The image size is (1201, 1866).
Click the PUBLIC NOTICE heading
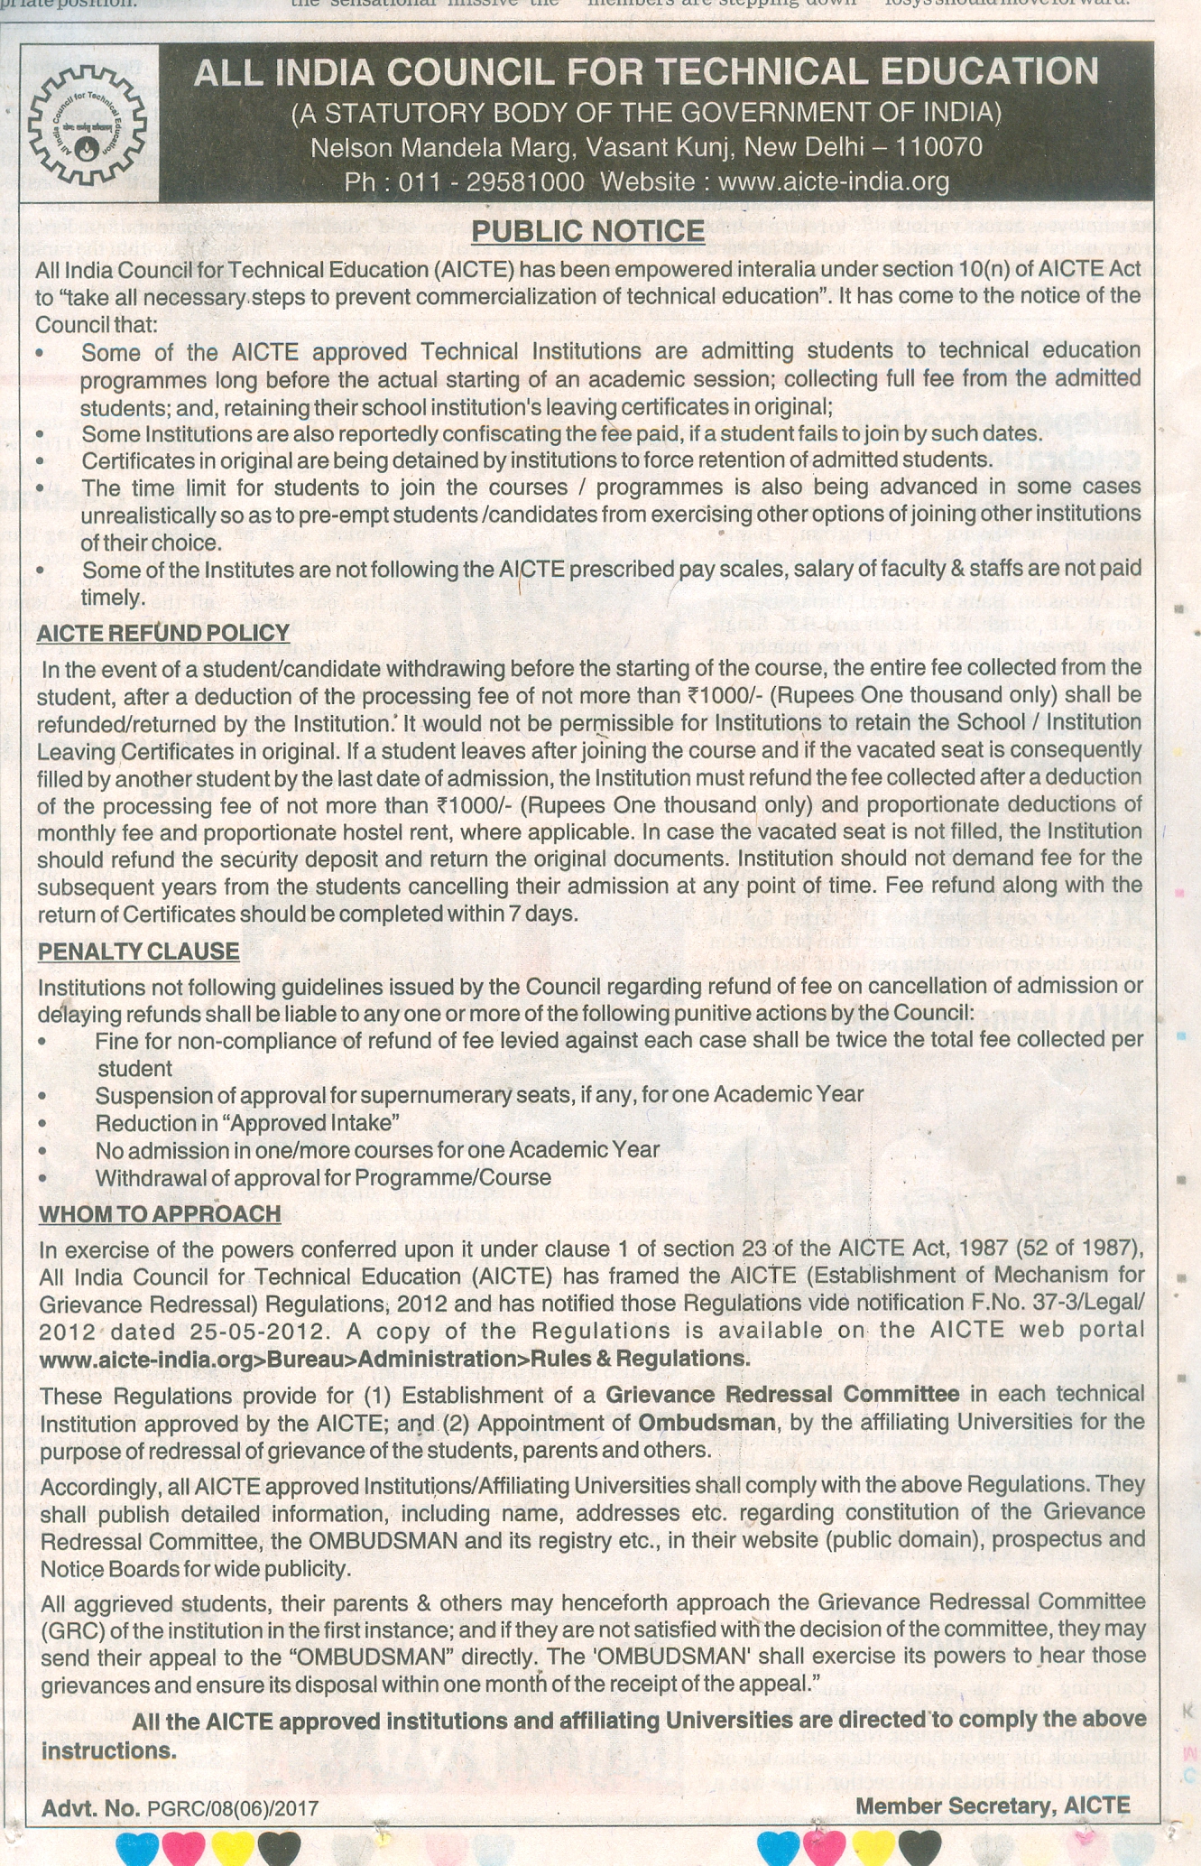(587, 231)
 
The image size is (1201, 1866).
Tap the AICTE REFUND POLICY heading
(163, 633)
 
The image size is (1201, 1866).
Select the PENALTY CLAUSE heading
(139, 952)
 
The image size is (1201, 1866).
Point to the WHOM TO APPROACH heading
(160, 1213)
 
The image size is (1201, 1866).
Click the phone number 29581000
(524, 182)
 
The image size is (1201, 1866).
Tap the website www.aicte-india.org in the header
(834, 182)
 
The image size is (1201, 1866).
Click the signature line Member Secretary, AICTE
(992, 1806)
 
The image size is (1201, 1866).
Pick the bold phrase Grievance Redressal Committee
(782, 1394)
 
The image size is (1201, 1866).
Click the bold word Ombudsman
(707, 1422)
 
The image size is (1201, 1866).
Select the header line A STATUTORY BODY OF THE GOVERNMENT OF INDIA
(646, 113)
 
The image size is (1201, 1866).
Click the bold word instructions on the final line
(108, 1750)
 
